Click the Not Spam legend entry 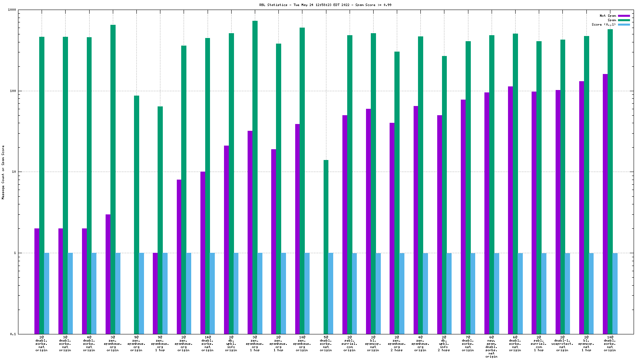click(x=608, y=16)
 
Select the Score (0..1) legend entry click(x=604, y=24)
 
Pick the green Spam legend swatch click(x=624, y=20)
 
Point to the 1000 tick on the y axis click(x=12, y=10)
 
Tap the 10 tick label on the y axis click(x=13, y=172)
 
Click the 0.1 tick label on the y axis click(x=12, y=334)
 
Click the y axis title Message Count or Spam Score click(x=3, y=172)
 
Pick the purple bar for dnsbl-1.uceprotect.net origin click(x=558, y=212)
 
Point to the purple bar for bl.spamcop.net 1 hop click(x=582, y=208)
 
